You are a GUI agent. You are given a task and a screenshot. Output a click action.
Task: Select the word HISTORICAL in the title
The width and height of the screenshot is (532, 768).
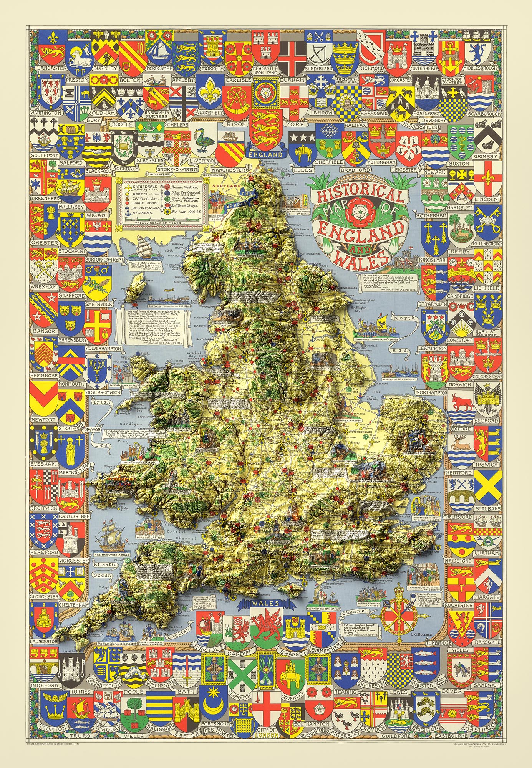(x=360, y=192)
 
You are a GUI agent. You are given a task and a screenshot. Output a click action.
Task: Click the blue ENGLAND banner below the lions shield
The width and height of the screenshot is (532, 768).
(x=265, y=154)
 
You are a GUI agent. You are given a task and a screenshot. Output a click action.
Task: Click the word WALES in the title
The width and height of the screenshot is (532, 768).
(x=360, y=260)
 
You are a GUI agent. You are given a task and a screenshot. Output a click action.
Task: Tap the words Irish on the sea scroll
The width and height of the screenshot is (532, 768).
(x=102, y=402)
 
